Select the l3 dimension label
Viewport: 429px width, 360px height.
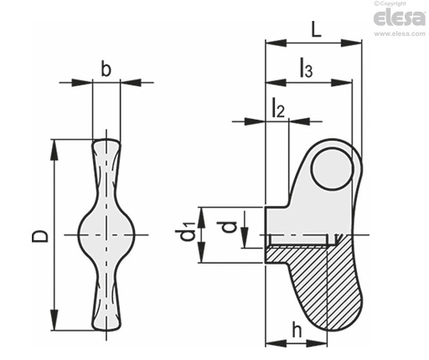(x=306, y=67)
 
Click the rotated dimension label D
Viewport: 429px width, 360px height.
(x=40, y=236)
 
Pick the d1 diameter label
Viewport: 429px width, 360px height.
(x=188, y=231)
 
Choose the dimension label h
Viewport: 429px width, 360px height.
(x=297, y=330)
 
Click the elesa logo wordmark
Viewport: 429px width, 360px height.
(x=400, y=18)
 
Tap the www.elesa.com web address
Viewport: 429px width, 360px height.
(x=400, y=33)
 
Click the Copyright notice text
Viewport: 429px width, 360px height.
(x=390, y=3)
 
